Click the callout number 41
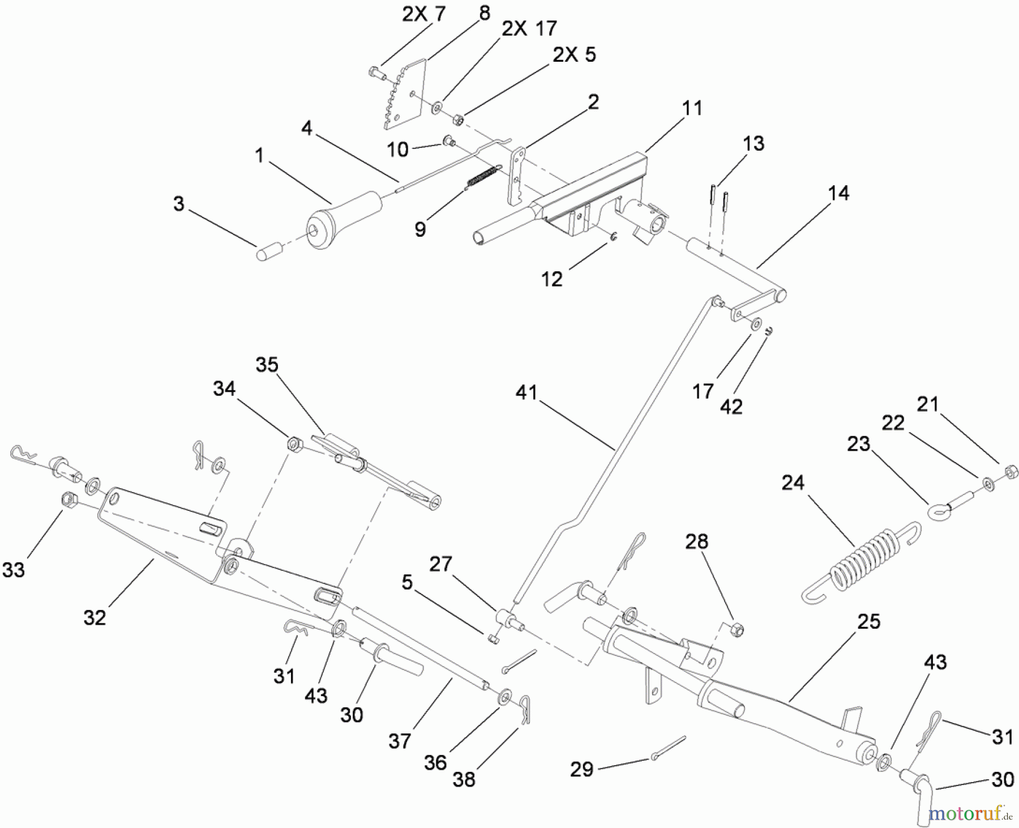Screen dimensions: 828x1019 (x=526, y=392)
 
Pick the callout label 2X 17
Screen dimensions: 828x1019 (x=529, y=28)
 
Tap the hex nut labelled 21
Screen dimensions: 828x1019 (x=1009, y=471)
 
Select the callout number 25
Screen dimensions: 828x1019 (x=868, y=621)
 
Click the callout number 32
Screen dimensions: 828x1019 (x=94, y=617)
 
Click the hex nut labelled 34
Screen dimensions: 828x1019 (x=293, y=443)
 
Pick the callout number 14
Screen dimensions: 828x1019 (x=838, y=193)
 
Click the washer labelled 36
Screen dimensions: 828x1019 (x=503, y=698)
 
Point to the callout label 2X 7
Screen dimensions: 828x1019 (x=422, y=14)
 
